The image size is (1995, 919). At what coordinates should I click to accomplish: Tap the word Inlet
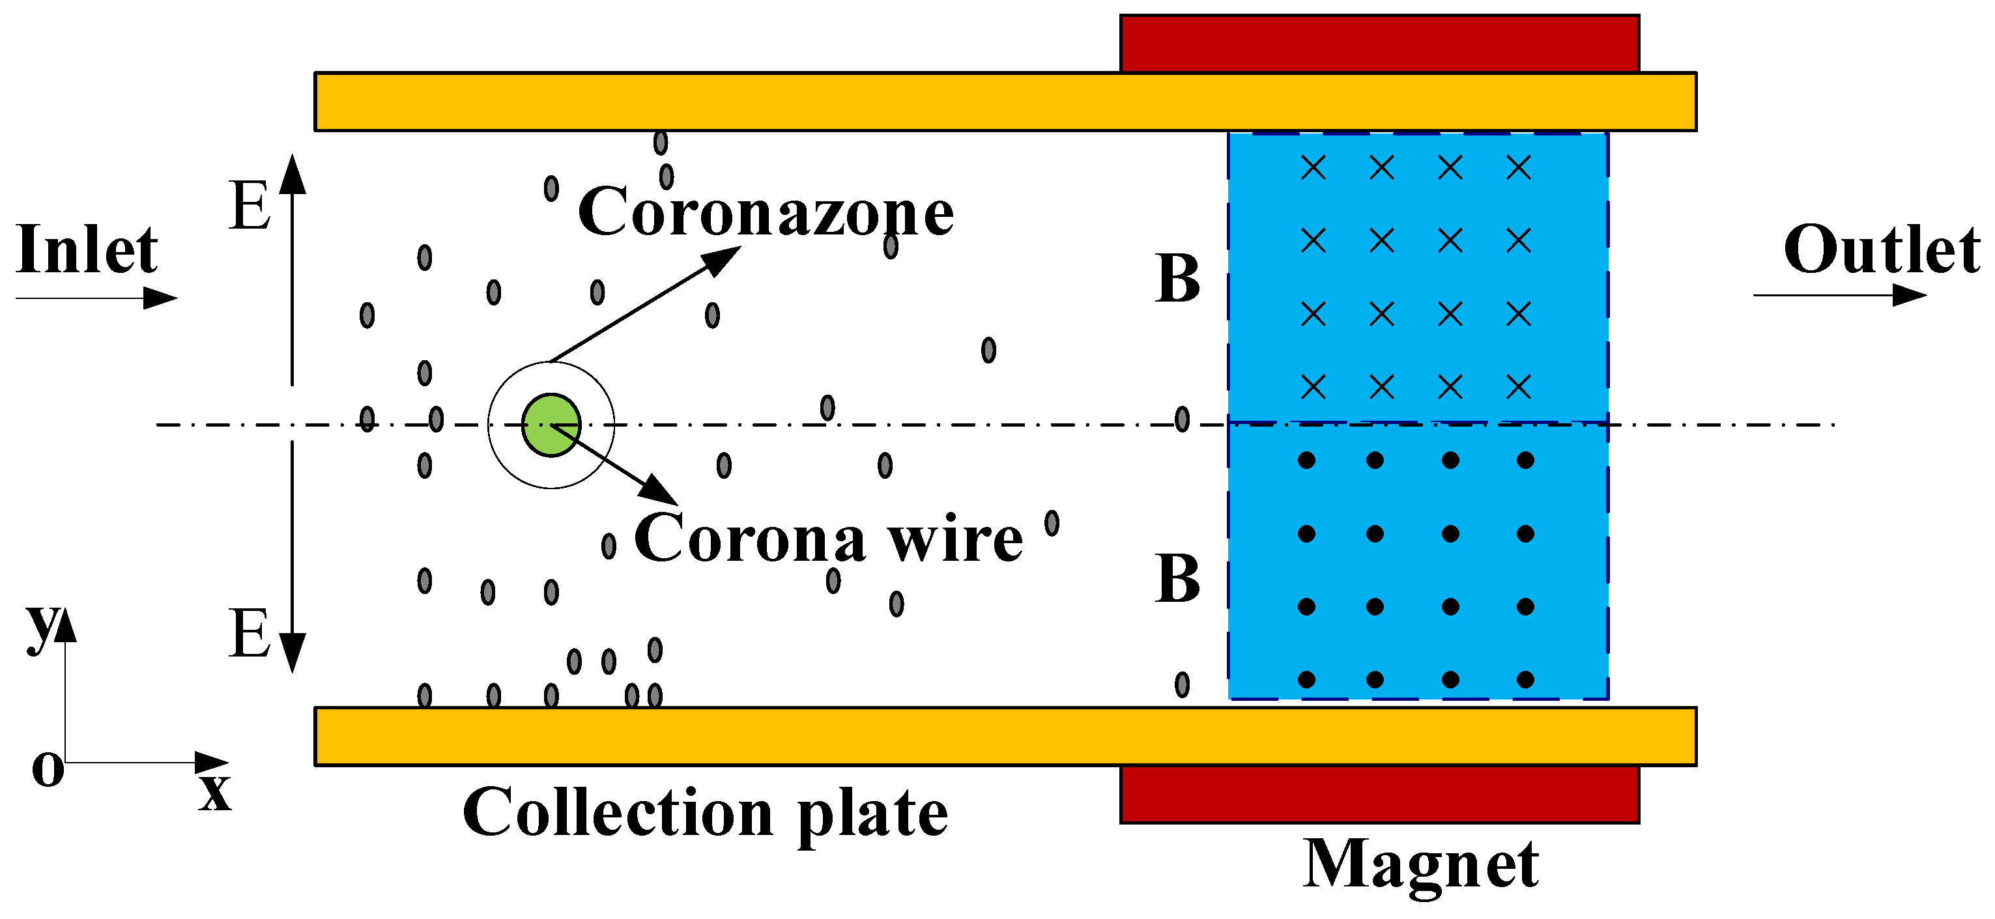87,251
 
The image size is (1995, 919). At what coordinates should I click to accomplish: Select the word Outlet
1881,251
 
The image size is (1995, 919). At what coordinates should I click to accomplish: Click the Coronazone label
765,212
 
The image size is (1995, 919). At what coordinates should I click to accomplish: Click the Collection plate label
705,813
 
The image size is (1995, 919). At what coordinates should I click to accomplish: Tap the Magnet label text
1421,865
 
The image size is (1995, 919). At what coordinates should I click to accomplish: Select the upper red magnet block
1379,44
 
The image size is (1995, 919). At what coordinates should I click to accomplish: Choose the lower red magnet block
1379,795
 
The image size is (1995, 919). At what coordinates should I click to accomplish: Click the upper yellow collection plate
775,102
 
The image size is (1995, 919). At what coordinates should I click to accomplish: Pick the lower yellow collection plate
775,736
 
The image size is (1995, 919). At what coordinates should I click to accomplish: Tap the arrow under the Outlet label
1839,295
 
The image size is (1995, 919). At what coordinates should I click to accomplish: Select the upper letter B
1177,279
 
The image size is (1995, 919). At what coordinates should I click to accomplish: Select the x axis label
214,792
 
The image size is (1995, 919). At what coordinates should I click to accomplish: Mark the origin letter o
48,771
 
